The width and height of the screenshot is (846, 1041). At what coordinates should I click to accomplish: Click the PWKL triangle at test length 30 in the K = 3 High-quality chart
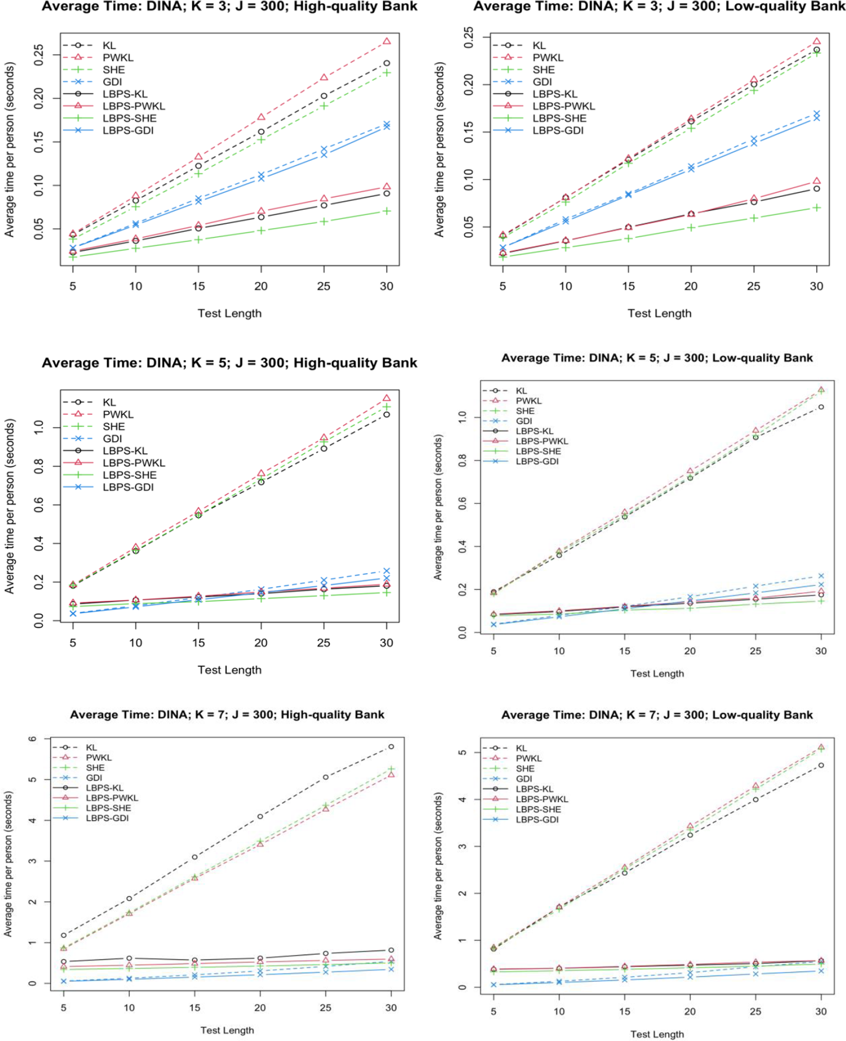[x=387, y=41]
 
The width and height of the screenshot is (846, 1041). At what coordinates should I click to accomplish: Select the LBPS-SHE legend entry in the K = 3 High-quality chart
[x=129, y=119]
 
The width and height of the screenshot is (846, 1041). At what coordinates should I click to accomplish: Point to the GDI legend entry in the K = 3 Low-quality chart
[x=542, y=82]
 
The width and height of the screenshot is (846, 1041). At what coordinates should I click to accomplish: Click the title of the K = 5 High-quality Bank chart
[x=229, y=363]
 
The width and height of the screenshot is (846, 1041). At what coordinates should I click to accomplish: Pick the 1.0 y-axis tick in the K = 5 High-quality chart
[x=39, y=427]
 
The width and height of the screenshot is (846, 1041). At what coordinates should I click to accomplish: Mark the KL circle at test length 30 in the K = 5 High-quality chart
[x=387, y=414]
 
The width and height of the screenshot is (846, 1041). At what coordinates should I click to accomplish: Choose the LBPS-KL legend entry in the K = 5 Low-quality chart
[x=534, y=431]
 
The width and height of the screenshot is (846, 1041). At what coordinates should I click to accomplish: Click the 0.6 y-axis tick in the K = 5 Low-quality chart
[x=463, y=503]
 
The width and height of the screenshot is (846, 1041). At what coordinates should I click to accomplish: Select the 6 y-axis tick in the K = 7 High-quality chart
[x=33, y=739]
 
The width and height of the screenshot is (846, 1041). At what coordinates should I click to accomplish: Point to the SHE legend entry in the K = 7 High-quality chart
[x=95, y=768]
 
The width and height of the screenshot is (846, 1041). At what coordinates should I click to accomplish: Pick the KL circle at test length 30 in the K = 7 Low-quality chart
[x=821, y=766]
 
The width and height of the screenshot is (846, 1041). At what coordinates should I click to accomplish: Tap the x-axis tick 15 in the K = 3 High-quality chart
[x=198, y=287]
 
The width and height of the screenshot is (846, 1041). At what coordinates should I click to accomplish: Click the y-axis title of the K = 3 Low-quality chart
[x=439, y=149]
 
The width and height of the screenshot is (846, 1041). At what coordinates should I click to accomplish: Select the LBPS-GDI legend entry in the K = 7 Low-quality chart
[x=537, y=820]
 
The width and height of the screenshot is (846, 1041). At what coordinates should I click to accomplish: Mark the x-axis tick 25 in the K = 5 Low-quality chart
[x=755, y=651]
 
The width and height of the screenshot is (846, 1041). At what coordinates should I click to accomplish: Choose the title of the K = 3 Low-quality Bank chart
[x=659, y=7]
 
